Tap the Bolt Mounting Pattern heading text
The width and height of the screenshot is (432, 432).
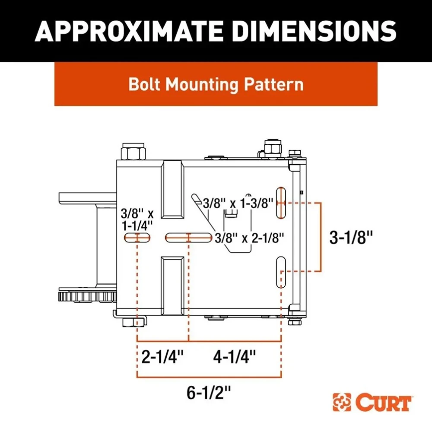coord(216,84)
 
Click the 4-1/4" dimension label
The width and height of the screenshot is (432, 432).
coord(235,356)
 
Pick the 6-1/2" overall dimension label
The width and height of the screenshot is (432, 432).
coord(209,393)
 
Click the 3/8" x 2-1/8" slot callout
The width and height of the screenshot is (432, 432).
coord(250,237)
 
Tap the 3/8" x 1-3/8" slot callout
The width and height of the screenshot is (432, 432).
coord(238,203)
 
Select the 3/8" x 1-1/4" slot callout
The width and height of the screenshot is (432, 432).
coord(137,219)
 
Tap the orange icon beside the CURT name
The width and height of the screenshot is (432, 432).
coord(342,403)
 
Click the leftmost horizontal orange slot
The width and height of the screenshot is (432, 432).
coord(137,237)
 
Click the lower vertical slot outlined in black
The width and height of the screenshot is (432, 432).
coord(281,272)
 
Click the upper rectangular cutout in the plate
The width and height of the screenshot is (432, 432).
coord(173,189)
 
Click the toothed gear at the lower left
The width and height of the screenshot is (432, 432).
coord(87,297)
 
